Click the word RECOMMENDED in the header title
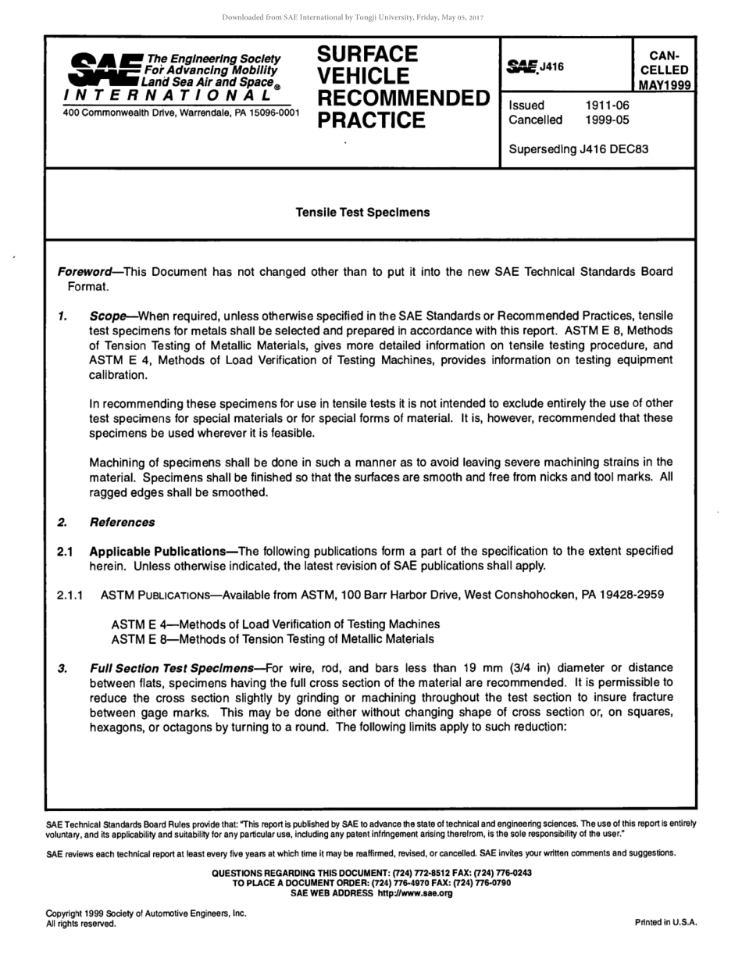tap(403, 98)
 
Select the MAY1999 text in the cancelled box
tap(664, 85)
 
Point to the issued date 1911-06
tap(607, 105)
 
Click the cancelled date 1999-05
tap(607, 120)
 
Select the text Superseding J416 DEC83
tap(578, 149)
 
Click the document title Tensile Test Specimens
tap(362, 213)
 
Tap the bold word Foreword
tap(84, 272)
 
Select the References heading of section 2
tap(122, 522)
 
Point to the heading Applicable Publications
tap(157, 551)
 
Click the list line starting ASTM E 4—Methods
tap(275, 624)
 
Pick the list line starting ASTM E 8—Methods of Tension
tap(272, 639)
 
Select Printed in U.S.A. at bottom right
tap(665, 922)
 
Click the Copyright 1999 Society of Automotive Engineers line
tap(146, 913)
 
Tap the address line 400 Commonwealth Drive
tap(180, 113)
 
